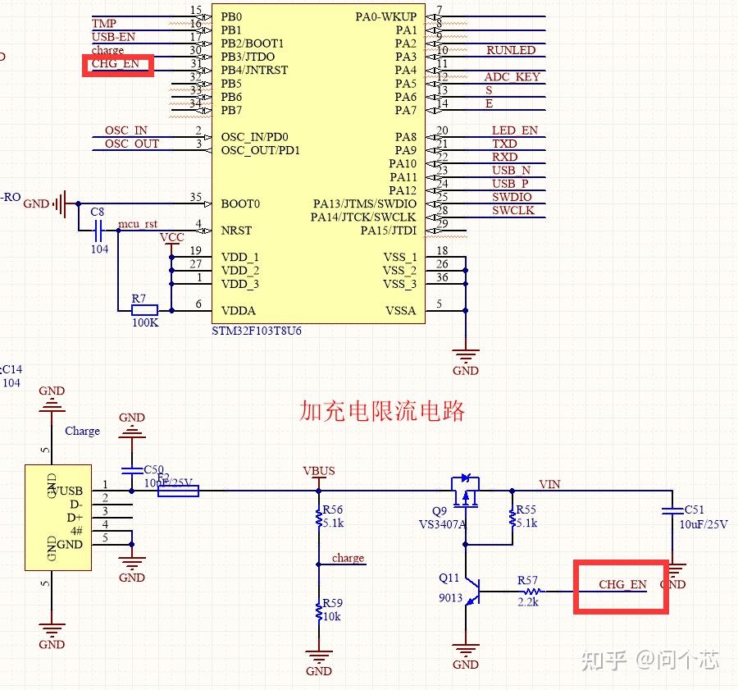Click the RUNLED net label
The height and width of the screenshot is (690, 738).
pos(510,50)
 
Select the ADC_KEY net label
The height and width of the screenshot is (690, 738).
pos(512,77)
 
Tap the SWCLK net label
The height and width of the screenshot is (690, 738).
pos(512,211)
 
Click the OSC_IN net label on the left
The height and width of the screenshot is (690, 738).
pos(125,130)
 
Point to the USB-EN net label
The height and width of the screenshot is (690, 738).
pos(113,37)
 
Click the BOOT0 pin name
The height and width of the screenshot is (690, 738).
pos(240,203)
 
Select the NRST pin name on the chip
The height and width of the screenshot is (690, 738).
pos(237,231)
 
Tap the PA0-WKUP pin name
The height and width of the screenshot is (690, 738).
pos(385,16)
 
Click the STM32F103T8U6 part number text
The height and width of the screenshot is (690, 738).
pos(257,331)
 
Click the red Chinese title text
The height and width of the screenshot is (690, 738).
pos(382,410)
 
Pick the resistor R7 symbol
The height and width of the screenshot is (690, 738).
pos(144,310)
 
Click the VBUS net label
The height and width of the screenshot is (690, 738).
pos(319,472)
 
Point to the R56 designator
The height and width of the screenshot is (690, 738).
pos(333,510)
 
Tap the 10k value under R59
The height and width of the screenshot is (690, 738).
pos(331,616)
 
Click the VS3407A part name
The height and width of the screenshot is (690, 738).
pos(442,523)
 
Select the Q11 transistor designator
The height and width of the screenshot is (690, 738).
pos(449,578)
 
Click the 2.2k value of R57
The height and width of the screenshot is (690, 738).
pos(527,601)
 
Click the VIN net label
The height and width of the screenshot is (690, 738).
pos(549,484)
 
